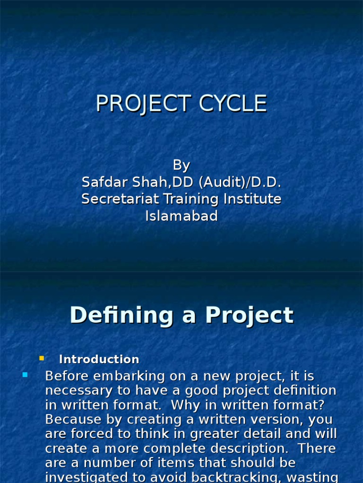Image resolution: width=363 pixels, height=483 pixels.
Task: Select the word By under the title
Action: pyautogui.click(x=181, y=165)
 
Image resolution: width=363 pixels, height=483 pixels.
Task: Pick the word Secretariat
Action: pyautogui.click(x=120, y=199)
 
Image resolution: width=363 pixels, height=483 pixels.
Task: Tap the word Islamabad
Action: pyautogui.click(x=181, y=216)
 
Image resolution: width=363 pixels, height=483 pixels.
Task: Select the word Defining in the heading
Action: pyautogui.click(x=121, y=315)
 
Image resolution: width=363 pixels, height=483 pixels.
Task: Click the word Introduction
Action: pyautogui.click(x=99, y=359)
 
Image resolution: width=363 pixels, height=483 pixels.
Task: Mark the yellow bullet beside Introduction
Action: pyautogui.click(x=42, y=358)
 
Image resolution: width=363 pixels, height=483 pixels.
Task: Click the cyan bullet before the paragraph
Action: pyautogui.click(x=25, y=375)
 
